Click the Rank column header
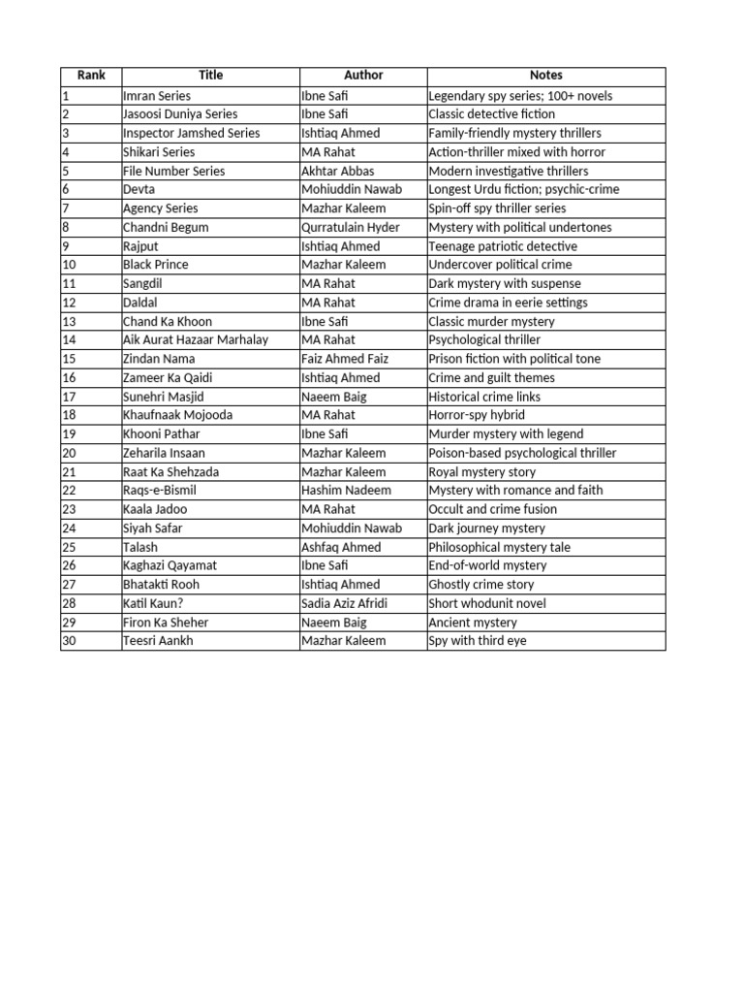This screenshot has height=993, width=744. (90, 76)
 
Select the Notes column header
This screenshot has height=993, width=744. (545, 76)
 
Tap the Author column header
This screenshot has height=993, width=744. (363, 76)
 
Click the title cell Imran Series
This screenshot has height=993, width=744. (157, 96)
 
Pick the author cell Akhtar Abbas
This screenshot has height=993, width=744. (338, 171)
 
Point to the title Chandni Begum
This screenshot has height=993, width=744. (166, 227)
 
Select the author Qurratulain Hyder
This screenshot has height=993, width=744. (350, 227)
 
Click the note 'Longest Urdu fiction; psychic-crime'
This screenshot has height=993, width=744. (524, 189)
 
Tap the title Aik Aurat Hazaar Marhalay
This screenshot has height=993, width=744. (196, 339)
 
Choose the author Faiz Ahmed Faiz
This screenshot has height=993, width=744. (345, 359)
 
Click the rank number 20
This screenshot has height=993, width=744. (69, 453)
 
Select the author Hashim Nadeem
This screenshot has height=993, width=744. (346, 491)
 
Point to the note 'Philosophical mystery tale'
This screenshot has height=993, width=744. (500, 547)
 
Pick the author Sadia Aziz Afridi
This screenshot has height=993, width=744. (345, 603)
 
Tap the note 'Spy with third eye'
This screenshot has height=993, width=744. (478, 641)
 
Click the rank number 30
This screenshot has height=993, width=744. (69, 641)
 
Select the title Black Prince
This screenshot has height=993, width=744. (156, 265)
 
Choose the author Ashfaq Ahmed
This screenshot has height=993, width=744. (341, 547)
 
